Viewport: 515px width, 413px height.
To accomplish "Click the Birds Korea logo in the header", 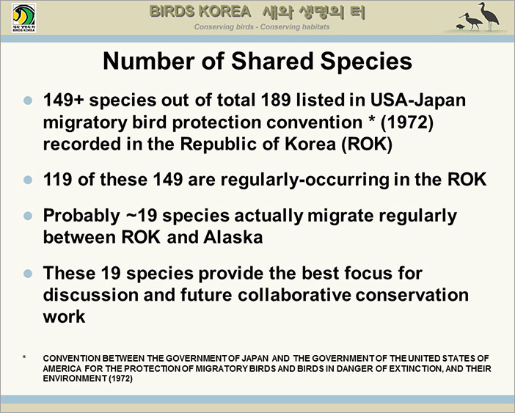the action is [24, 18].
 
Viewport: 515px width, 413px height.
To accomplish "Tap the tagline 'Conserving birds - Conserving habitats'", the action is [262, 27].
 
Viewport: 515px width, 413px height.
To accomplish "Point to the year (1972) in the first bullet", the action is [407, 123].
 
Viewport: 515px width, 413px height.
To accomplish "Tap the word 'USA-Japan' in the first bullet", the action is [417, 100].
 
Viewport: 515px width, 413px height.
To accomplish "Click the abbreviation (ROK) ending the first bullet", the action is [367, 144].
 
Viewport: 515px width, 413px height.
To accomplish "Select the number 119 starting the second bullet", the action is [57, 180].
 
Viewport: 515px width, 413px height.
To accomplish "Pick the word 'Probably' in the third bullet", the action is [81, 216].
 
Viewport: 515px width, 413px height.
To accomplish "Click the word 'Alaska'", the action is [233, 237].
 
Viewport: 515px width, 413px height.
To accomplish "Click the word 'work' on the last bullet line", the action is [64, 317].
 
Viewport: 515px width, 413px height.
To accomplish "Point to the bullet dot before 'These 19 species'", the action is [29, 274].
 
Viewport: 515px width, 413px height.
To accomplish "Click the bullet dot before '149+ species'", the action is [29, 100].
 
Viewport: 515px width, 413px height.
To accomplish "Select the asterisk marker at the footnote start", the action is [24, 357].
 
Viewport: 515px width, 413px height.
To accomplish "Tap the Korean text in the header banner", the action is [314, 12].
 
